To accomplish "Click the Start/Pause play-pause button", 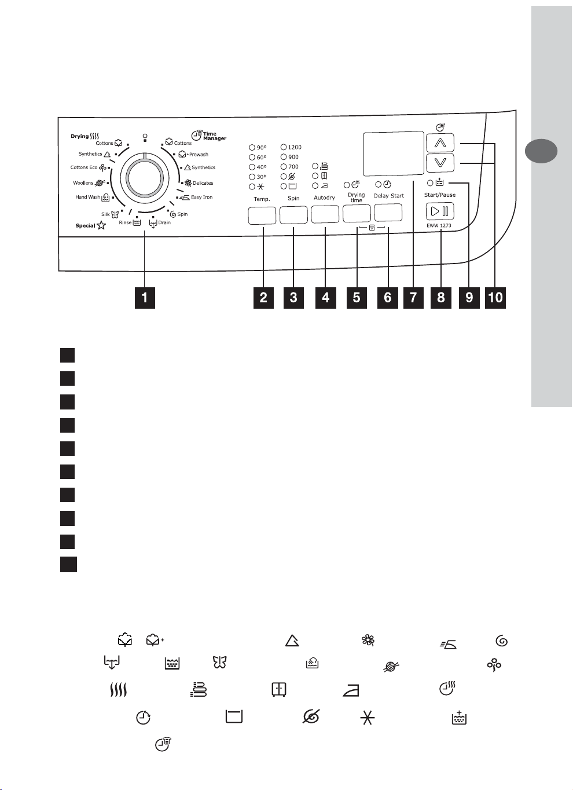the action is tap(439, 211).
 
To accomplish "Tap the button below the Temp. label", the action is tap(262, 215).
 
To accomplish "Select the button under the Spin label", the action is tap(293, 215).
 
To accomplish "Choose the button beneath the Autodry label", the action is tap(325, 214).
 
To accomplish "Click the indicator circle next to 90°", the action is tap(252, 148).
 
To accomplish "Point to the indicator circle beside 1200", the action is tap(284, 147).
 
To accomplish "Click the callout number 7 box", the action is tap(413, 298).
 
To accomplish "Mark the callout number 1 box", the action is tap(145, 298).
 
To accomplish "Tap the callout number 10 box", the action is tap(495, 298).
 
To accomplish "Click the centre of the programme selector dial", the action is tap(145, 178).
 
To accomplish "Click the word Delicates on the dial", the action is tap(203, 183).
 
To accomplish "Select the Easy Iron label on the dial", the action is tap(201, 197).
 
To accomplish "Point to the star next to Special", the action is tap(101, 225).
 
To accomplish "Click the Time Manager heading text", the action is tap(215, 136).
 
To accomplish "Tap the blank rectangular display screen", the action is tap(393, 153).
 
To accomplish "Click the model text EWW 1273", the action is tap(439, 225).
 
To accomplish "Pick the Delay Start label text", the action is tap(389, 196).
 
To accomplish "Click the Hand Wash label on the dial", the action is tap(88, 197).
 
